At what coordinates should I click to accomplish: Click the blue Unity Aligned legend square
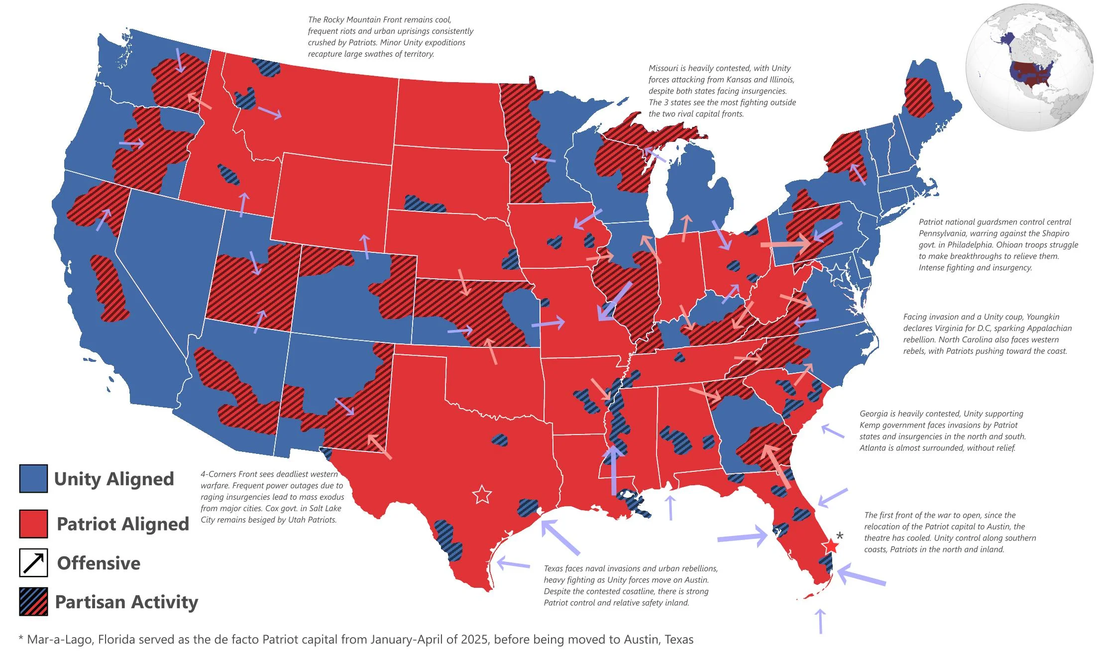pyautogui.click(x=33, y=478)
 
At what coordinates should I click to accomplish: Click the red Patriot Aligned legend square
pyautogui.click(x=33, y=524)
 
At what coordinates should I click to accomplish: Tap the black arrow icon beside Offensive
pyautogui.click(x=33, y=562)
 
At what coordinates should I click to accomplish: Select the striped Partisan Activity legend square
pyautogui.click(x=33, y=602)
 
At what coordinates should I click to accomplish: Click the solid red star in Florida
pyautogui.click(x=830, y=546)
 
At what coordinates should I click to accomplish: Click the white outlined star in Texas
pyautogui.click(x=482, y=495)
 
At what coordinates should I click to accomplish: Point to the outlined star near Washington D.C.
pyautogui.click(x=837, y=273)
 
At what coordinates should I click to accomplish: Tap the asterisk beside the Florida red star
pyautogui.click(x=840, y=536)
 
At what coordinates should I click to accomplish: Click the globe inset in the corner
pyautogui.click(x=1029, y=67)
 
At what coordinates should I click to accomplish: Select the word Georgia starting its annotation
pyautogui.click(x=874, y=414)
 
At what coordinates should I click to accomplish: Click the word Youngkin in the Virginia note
pyautogui.click(x=1043, y=317)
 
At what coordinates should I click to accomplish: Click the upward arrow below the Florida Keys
pyautogui.click(x=820, y=621)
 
